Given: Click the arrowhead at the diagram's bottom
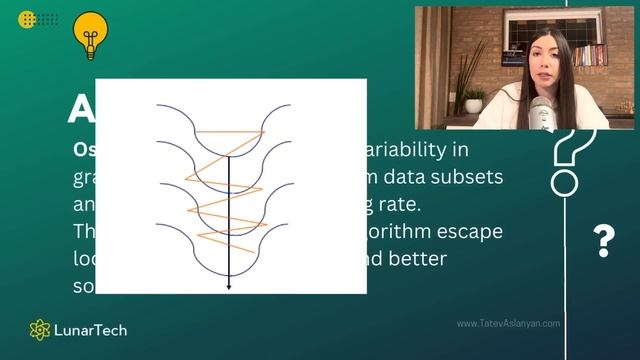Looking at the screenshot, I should coord(229,286).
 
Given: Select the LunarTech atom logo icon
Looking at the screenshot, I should coord(40,330).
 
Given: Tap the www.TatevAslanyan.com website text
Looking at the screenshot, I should coord(508,323).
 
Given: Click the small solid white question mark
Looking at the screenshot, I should coord(603,240).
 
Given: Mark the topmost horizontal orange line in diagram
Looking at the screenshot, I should coord(229,131).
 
